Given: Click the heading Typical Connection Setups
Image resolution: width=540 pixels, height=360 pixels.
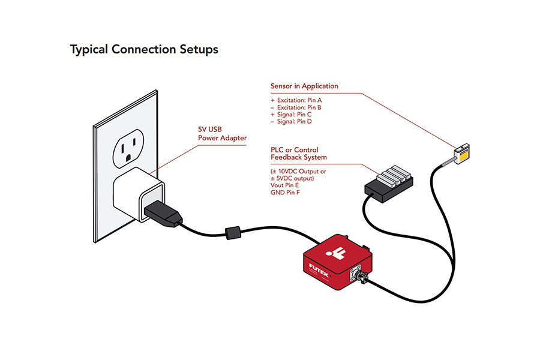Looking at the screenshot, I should (x=144, y=49).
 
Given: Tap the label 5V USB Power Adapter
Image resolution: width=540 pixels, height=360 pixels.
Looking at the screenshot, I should (x=222, y=134).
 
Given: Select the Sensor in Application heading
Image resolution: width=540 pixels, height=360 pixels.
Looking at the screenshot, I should (x=304, y=86).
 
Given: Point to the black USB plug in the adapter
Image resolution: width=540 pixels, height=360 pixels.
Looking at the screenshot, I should (x=161, y=213).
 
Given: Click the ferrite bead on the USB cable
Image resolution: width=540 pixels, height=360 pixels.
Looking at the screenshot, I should (x=232, y=232).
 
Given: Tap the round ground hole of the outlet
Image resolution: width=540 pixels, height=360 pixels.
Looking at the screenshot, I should (x=127, y=160).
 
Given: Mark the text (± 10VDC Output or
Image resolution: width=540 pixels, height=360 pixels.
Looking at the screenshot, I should (x=298, y=171).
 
